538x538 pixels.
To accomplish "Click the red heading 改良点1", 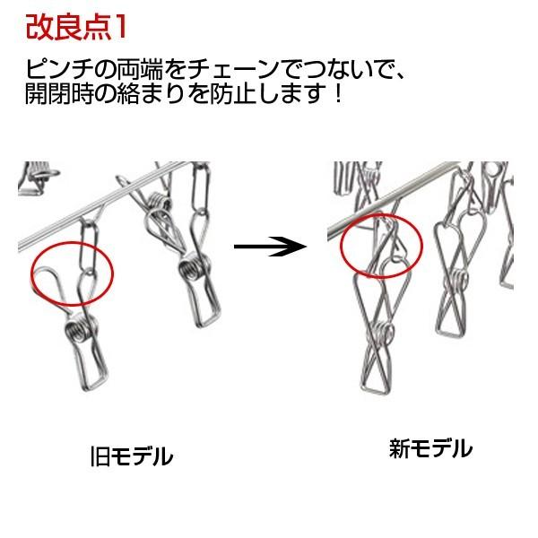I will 75,26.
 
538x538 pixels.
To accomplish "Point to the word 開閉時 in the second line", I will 58,93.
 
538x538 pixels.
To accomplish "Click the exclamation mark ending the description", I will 337,93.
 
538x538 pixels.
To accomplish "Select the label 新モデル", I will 430,447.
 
